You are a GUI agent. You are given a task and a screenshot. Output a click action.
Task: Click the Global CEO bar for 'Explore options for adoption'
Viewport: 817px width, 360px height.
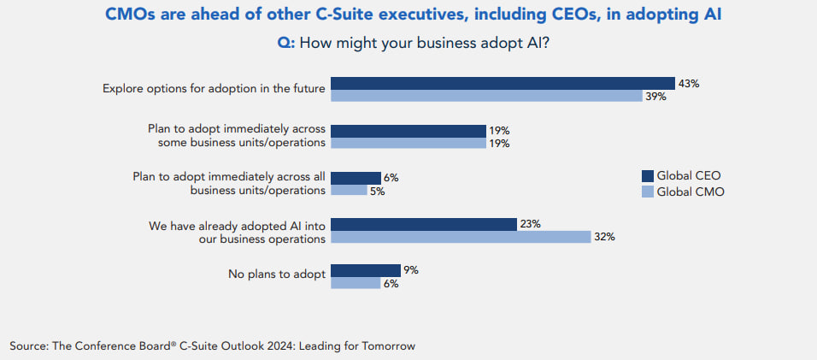coord(503,83)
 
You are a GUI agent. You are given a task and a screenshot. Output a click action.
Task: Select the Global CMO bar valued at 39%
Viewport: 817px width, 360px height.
coord(486,96)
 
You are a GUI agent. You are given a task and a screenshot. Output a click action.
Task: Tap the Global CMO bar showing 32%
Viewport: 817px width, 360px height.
coord(460,236)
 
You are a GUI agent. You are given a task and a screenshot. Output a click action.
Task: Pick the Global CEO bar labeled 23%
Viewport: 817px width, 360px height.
coord(423,224)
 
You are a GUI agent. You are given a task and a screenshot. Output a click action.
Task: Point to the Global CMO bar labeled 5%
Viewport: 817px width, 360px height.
coord(348,190)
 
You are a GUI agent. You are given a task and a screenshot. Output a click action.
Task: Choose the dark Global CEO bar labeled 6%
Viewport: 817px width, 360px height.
coord(356,177)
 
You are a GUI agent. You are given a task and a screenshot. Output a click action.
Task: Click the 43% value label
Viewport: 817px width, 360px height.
coord(688,83)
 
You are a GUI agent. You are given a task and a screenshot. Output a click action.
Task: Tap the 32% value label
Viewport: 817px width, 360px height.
coord(604,237)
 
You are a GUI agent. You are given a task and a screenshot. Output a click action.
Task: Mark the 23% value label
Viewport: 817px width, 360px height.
coord(530,224)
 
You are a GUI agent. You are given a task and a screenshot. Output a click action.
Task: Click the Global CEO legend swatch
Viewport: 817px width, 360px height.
coord(648,175)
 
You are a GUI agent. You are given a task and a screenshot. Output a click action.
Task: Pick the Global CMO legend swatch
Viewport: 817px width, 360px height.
coord(648,192)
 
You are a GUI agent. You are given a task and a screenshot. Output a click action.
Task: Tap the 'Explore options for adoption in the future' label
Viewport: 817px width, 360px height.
coord(214,88)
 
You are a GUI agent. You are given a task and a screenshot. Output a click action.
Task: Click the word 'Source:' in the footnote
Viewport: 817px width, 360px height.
coord(30,345)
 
